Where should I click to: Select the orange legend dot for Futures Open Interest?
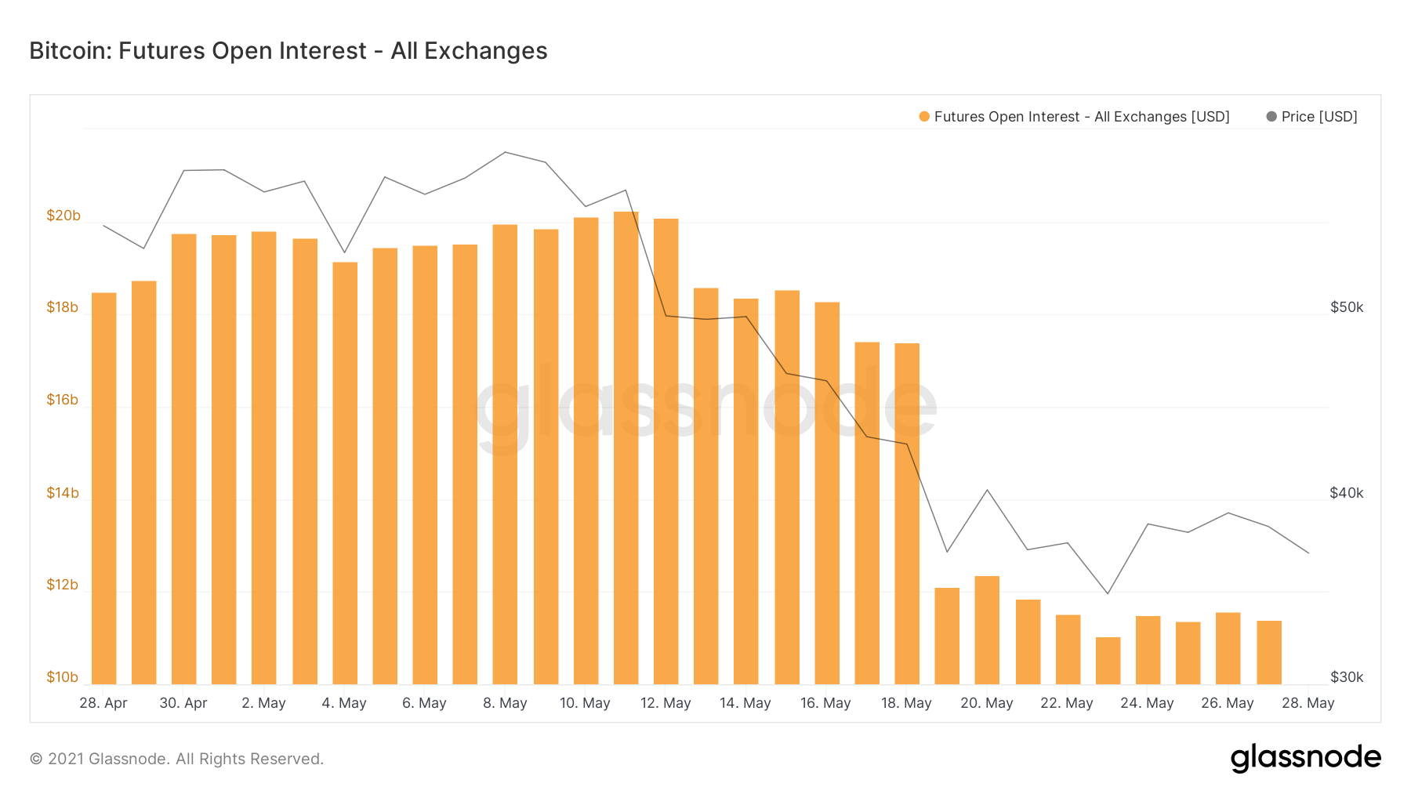pyautogui.click(x=924, y=117)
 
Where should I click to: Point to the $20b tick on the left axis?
pyautogui.click(x=63, y=216)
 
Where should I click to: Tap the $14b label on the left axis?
pyautogui.click(x=63, y=493)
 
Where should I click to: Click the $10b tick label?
pyautogui.click(x=63, y=677)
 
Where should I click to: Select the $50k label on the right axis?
pyautogui.click(x=1347, y=307)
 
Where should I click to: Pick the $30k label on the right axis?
pyautogui.click(x=1347, y=677)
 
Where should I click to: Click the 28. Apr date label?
pyautogui.click(x=103, y=703)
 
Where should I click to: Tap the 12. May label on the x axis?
pyautogui.click(x=666, y=703)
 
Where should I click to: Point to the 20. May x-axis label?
pyautogui.click(x=987, y=703)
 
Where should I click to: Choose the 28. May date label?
pyautogui.click(x=1308, y=703)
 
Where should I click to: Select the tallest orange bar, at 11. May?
pyautogui.click(x=626, y=447)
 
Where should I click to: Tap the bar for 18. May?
pyautogui.click(x=907, y=513)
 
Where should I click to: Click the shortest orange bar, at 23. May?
pyautogui.click(x=1108, y=661)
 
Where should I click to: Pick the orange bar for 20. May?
pyautogui.click(x=987, y=630)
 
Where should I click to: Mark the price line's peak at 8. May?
pyautogui.click(x=506, y=152)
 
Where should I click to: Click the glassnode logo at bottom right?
pyautogui.click(x=1305, y=758)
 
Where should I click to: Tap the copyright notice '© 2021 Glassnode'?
pyautogui.click(x=176, y=759)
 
